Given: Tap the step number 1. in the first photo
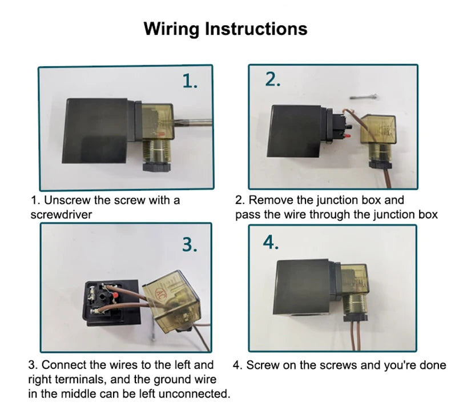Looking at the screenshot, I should tap(190, 82).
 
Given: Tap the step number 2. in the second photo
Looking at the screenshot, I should tap(273, 80).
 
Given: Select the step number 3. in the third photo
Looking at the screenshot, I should tap(190, 244).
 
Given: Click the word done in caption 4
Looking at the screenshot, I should tap(433, 365).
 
